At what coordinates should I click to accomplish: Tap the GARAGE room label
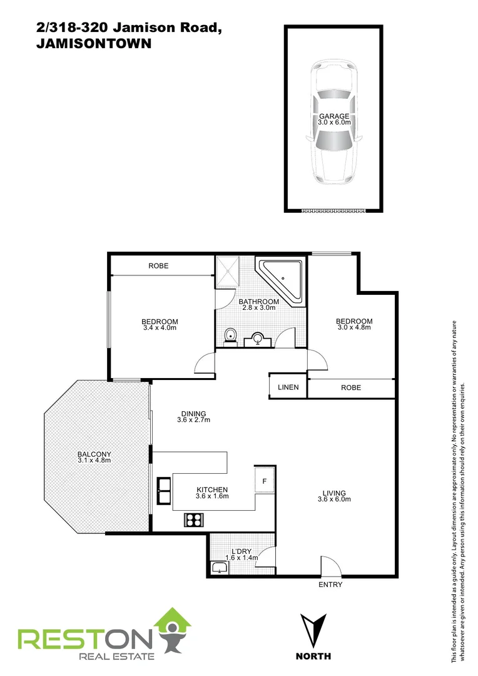pyautogui.click(x=334, y=116)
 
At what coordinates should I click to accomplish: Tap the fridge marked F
pyautogui.click(x=265, y=481)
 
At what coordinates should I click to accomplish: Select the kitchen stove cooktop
pyautogui.click(x=193, y=519)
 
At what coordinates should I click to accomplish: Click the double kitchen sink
pyautogui.click(x=164, y=491)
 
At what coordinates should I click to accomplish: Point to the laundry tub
pyautogui.click(x=220, y=567)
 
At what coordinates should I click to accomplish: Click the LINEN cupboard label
pyautogui.click(x=288, y=387)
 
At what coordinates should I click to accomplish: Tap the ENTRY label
pyautogui.click(x=330, y=585)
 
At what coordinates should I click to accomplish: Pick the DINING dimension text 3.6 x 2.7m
pyautogui.click(x=193, y=420)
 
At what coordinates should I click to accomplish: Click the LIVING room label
pyautogui.click(x=334, y=493)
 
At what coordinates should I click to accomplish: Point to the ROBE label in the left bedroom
pyautogui.click(x=158, y=266)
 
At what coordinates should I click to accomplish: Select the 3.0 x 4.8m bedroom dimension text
pyautogui.click(x=354, y=327)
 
